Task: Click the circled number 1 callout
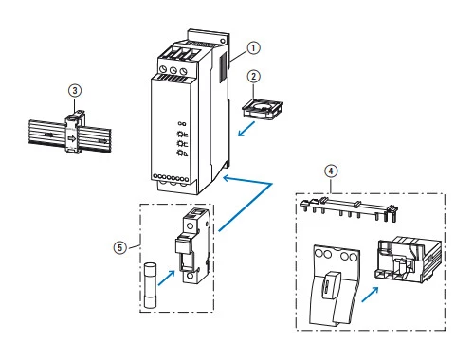pyautogui.click(x=253, y=48)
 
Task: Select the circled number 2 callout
pyautogui.click(x=254, y=77)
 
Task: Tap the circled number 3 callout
pyautogui.click(x=75, y=91)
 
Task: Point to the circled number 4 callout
pyautogui.click(x=331, y=171)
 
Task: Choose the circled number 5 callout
pyautogui.click(x=120, y=247)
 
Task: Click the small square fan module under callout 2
pyautogui.click(x=263, y=108)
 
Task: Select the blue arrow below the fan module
pyautogui.click(x=246, y=129)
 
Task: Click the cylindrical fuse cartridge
pyautogui.click(x=150, y=285)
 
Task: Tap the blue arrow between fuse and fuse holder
pyautogui.click(x=166, y=278)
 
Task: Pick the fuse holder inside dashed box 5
pyautogui.click(x=192, y=245)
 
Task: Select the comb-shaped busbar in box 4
pyautogui.click(x=349, y=209)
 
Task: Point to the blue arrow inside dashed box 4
pyautogui.click(x=370, y=295)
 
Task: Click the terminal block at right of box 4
pyautogui.click(x=408, y=260)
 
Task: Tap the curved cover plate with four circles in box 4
pyautogui.click(x=335, y=285)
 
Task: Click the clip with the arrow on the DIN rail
pyautogui.click(x=73, y=132)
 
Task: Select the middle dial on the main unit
pyautogui.click(x=173, y=70)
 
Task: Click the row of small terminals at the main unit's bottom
pyautogui.click(x=171, y=178)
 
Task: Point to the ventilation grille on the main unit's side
pyautogui.click(x=223, y=67)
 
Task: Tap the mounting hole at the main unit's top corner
pyautogui.click(x=223, y=41)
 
